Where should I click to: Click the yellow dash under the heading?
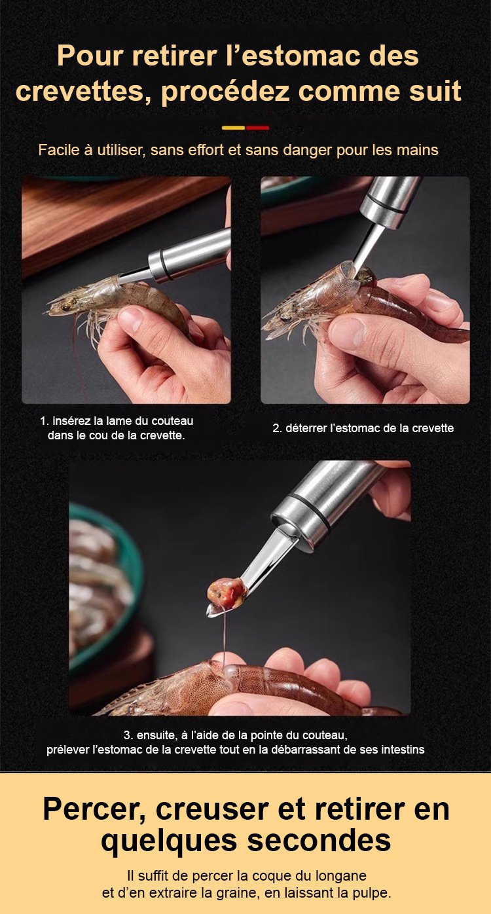234,128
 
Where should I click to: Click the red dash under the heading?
257,128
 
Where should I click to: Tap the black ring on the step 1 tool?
162,265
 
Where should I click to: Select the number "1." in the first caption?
45,421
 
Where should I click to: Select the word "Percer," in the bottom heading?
95,809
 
